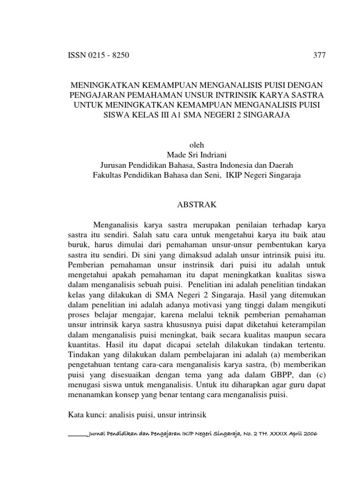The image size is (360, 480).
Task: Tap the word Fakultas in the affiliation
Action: [x=108, y=175]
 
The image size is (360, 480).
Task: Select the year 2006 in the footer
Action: [x=309, y=434]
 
